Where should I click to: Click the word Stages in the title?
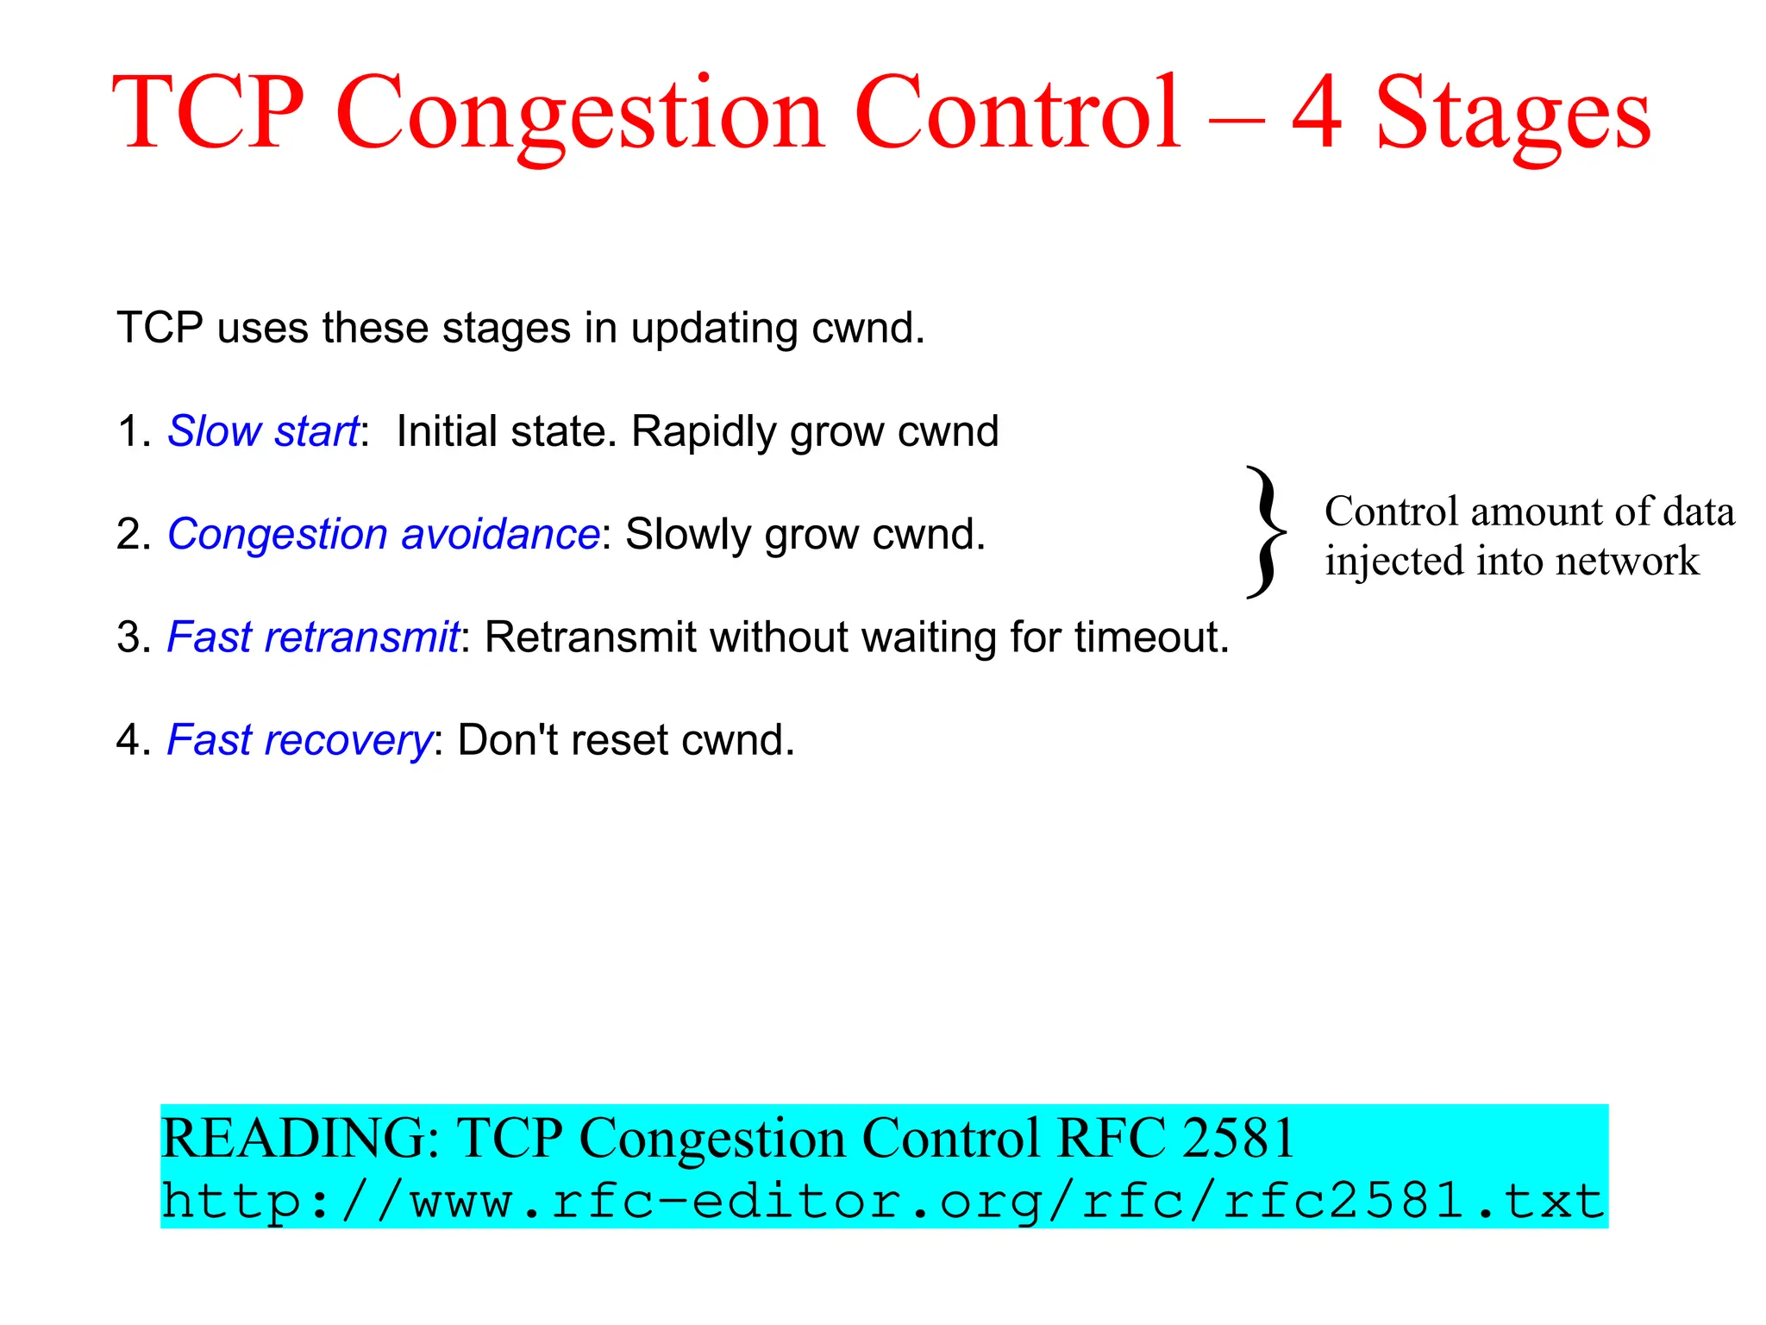point(1513,114)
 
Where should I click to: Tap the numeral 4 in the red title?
point(1317,112)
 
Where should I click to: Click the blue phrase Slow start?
point(263,431)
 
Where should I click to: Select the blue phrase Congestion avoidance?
point(383,534)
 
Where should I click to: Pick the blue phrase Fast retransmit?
point(313,637)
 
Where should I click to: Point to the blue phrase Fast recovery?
point(299,740)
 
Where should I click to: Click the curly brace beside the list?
point(1265,532)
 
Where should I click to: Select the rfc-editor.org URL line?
point(883,1201)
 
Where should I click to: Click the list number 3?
point(128,638)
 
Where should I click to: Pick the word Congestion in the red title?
point(579,114)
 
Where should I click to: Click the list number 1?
point(128,431)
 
